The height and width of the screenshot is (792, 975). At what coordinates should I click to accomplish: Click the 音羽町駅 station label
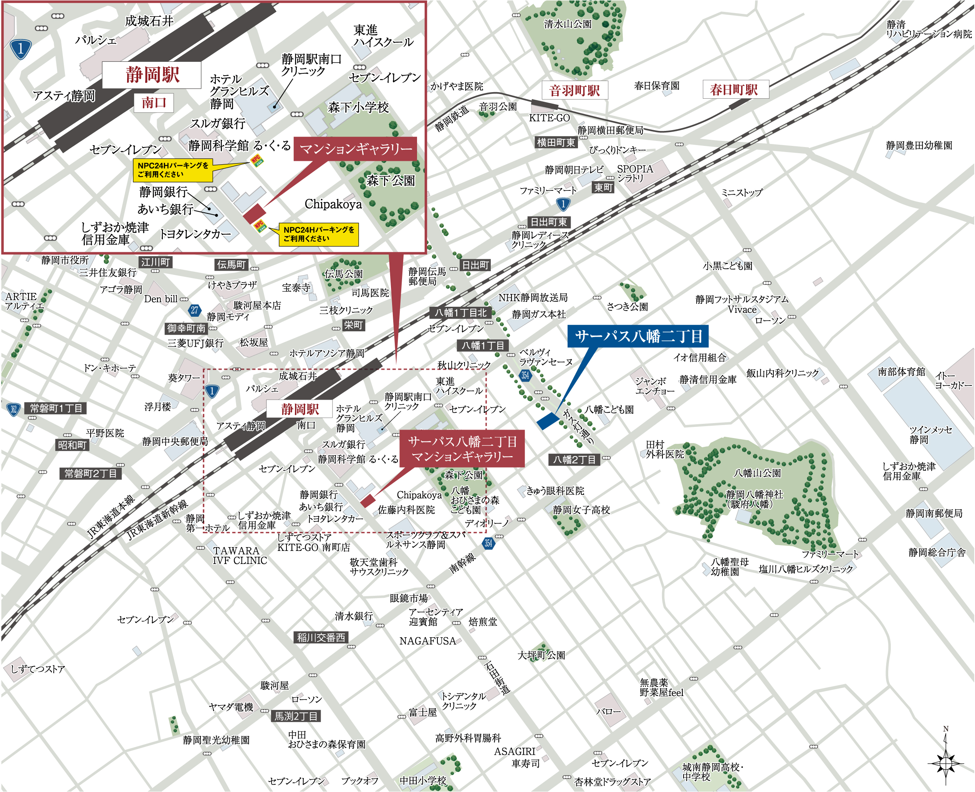[x=574, y=90]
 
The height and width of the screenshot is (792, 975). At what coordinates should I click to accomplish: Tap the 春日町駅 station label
[x=733, y=89]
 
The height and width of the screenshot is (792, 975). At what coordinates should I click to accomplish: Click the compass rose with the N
[x=946, y=762]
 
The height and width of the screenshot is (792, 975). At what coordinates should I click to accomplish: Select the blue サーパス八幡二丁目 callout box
[x=638, y=336]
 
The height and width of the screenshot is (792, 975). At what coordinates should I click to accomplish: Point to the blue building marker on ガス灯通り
[x=548, y=421]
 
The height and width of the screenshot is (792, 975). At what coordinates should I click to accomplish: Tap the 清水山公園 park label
[x=568, y=24]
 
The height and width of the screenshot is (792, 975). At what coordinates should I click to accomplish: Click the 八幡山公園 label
[x=757, y=473]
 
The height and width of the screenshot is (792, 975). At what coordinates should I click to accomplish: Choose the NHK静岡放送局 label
[x=533, y=298]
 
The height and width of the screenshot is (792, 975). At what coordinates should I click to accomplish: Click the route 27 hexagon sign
[x=195, y=311]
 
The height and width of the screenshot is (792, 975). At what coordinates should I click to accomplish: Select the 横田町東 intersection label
[x=555, y=142]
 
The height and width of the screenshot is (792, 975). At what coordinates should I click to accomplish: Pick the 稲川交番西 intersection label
[x=321, y=637]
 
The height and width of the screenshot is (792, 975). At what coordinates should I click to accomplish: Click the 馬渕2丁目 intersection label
[x=296, y=716]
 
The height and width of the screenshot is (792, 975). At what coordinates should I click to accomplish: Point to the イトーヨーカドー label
[x=953, y=380]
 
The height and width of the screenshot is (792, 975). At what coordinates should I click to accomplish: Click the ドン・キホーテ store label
[x=109, y=368]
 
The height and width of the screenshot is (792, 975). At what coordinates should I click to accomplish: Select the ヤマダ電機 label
[x=231, y=707]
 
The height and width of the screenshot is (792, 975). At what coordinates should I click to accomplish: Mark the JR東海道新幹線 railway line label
[x=157, y=520]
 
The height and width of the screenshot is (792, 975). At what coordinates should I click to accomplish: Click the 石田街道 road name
[x=497, y=678]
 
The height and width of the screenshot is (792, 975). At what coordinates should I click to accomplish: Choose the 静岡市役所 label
[x=65, y=260]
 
